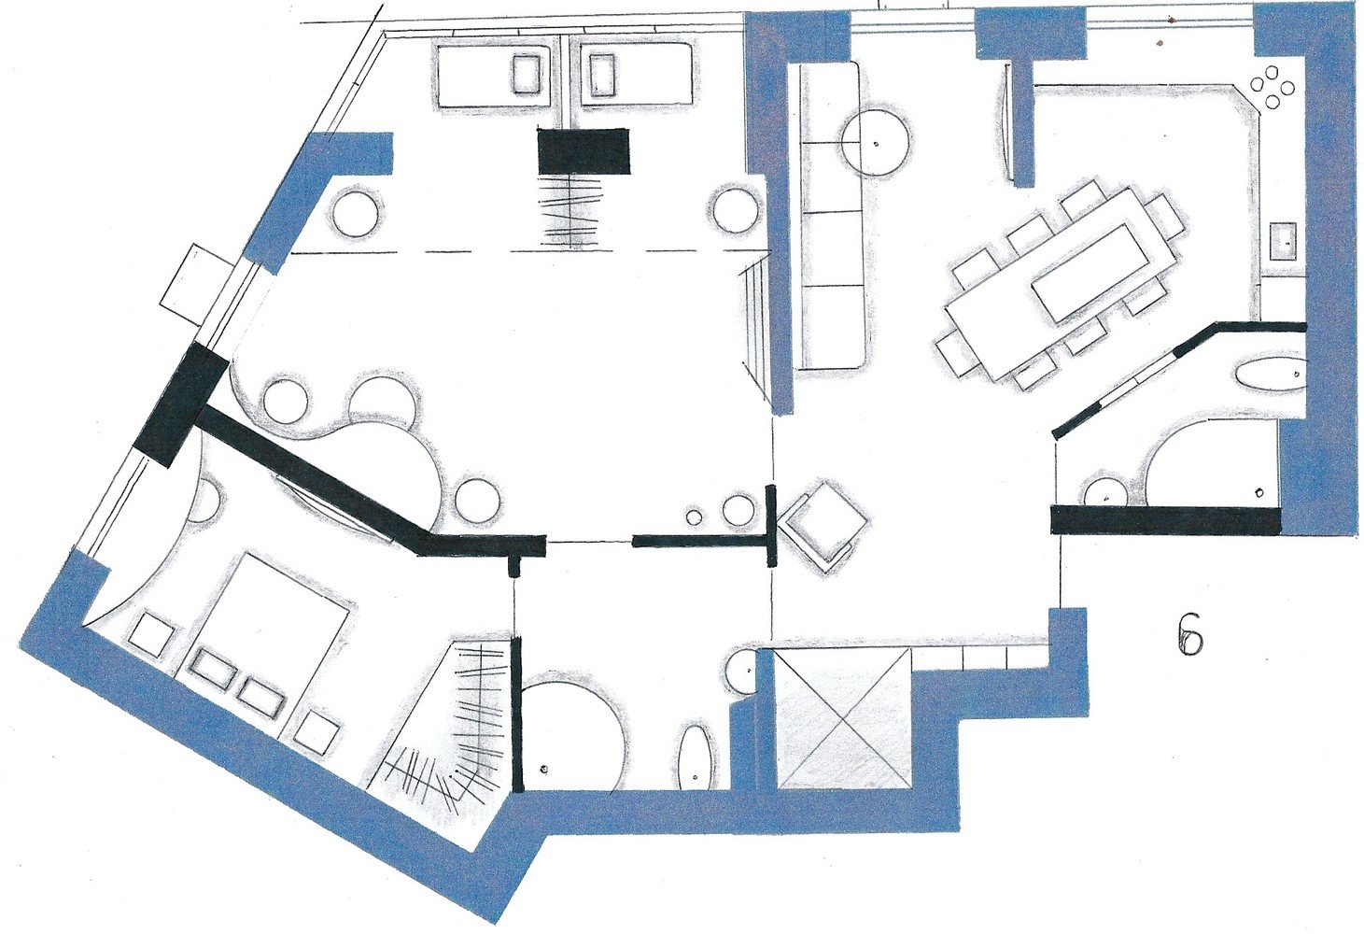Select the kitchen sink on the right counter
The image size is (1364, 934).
point(1283,242)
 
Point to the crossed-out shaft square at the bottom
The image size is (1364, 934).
point(845,719)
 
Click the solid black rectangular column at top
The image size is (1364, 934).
point(584,149)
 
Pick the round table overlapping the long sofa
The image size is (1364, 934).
point(876,142)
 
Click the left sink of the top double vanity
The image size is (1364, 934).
point(527,75)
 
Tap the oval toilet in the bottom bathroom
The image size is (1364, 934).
point(695,755)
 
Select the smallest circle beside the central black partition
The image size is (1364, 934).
point(694,517)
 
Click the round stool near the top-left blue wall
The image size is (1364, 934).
point(359,213)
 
